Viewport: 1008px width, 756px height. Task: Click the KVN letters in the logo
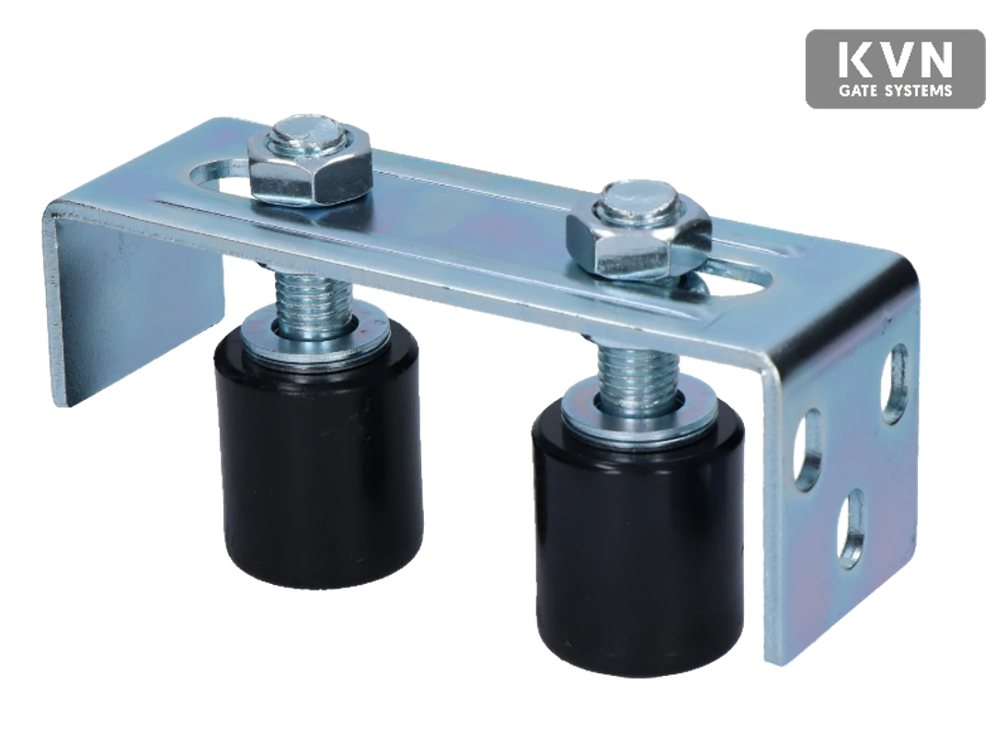click(x=895, y=61)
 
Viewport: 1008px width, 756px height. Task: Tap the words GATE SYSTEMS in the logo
click(x=895, y=91)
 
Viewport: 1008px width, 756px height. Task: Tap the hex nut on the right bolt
click(x=637, y=245)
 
